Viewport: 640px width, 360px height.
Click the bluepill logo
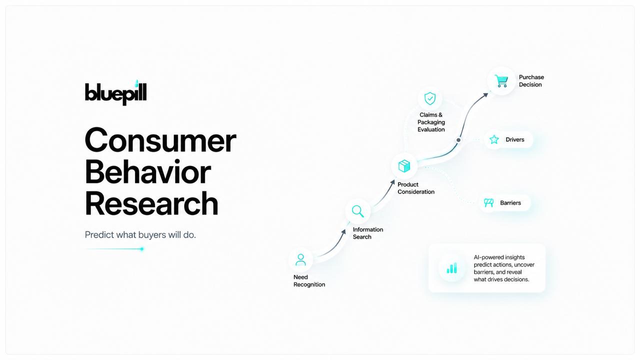click(x=115, y=92)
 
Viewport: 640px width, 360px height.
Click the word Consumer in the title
click(x=160, y=140)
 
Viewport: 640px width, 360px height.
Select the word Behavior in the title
click(x=147, y=172)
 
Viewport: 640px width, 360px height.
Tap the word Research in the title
click(x=151, y=203)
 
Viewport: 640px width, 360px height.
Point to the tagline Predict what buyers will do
click(x=140, y=235)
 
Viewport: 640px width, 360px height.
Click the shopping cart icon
click(x=501, y=81)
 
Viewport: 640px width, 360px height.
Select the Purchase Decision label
click(x=531, y=81)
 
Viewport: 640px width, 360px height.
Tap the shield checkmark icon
click(x=430, y=98)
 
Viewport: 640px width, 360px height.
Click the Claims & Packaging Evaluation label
click(x=431, y=122)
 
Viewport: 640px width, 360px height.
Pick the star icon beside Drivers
click(x=494, y=139)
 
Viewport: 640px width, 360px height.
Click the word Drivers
click(x=515, y=139)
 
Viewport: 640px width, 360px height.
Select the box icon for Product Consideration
click(x=404, y=166)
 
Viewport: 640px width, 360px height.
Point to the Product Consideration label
click(x=415, y=188)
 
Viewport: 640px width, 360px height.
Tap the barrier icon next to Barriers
click(x=489, y=203)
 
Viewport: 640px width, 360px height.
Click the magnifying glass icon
click(x=357, y=211)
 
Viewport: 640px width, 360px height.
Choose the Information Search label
click(x=367, y=233)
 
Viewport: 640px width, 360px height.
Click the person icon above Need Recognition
click(x=300, y=259)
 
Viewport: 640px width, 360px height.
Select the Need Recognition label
click(x=309, y=281)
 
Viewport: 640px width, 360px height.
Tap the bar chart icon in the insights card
click(x=451, y=268)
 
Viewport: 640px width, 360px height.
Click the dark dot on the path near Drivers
click(x=458, y=140)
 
